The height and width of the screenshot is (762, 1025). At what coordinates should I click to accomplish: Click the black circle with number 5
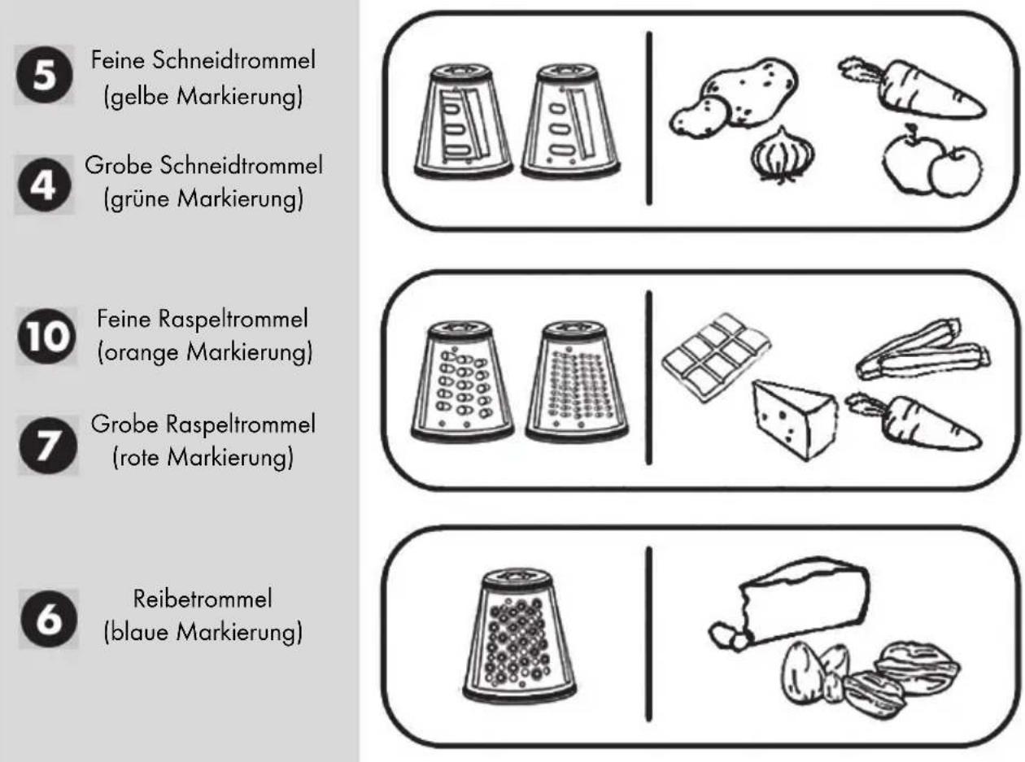[45, 75]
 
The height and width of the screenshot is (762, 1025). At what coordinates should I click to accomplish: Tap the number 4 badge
[45, 185]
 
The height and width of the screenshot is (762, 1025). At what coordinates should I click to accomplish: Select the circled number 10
[46, 336]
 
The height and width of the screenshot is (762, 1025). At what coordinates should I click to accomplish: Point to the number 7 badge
[48, 446]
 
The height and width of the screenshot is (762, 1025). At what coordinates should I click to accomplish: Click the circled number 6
[49, 619]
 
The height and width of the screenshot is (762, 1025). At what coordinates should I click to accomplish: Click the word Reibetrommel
[203, 599]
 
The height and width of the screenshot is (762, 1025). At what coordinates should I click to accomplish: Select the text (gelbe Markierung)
[203, 97]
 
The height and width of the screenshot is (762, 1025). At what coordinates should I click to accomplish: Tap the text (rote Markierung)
[203, 458]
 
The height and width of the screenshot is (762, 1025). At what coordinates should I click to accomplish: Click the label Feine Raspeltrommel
[203, 320]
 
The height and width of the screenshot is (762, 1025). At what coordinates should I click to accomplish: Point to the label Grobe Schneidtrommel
[204, 165]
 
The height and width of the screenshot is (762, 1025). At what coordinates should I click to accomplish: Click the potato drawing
[734, 97]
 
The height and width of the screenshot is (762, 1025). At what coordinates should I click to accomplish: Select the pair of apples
[932, 162]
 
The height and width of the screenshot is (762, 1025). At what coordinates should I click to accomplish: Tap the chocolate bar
[715, 357]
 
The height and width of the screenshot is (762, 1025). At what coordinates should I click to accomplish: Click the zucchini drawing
[922, 350]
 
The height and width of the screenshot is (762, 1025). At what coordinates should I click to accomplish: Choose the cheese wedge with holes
[795, 420]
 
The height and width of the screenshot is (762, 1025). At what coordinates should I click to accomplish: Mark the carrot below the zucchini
[914, 421]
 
